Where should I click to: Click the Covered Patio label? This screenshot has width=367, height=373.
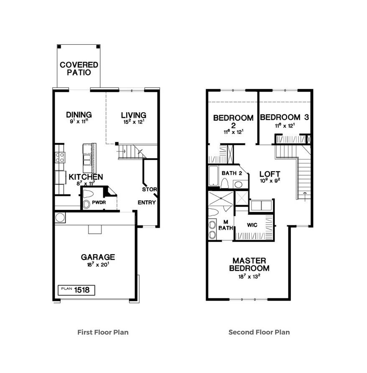[79, 68]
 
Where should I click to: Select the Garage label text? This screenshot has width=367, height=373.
[98, 257]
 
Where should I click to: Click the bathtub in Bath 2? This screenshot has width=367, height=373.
[213, 176]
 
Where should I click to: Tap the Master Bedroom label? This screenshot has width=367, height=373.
[251, 265]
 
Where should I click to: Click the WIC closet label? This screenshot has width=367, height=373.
[252, 225]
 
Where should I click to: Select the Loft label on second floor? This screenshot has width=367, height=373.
[270, 174]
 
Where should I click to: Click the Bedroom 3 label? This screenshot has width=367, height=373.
[284, 118]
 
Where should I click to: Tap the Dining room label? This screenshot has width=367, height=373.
[79, 115]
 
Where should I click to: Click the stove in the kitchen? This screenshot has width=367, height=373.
[60, 157]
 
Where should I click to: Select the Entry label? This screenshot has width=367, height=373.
[147, 203]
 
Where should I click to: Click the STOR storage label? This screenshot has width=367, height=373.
[149, 189]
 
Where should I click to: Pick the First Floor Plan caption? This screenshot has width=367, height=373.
[103, 333]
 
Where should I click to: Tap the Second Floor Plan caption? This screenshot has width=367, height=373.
[259, 333]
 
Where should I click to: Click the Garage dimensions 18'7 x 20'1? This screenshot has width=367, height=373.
[98, 265]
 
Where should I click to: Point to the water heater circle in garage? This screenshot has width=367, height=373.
[60, 217]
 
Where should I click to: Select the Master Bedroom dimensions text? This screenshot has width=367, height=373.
[251, 276]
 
